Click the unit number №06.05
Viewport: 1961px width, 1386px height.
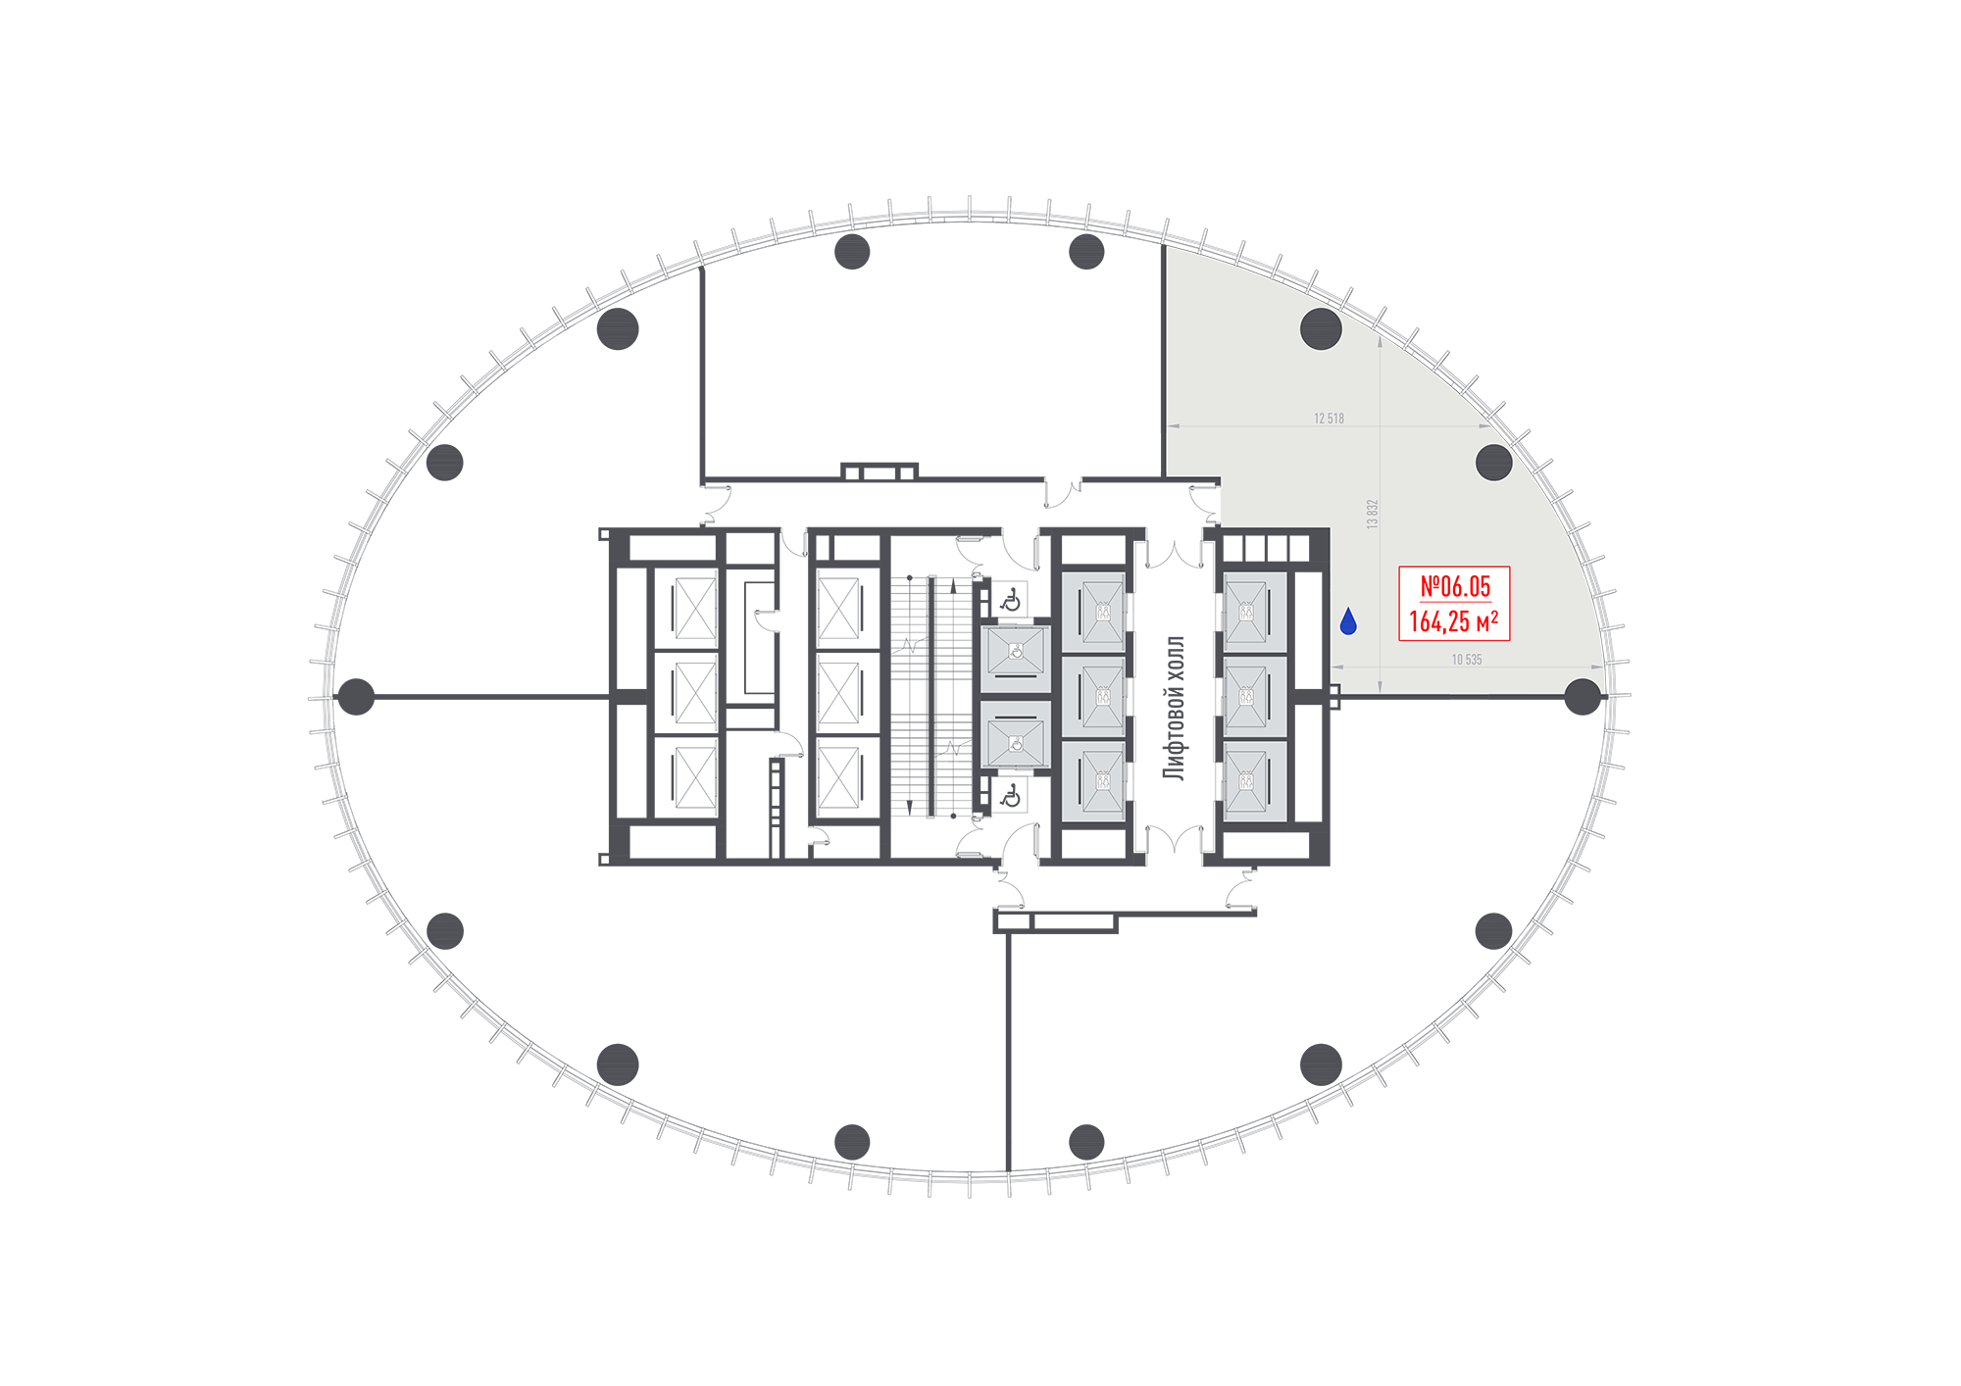[1455, 586]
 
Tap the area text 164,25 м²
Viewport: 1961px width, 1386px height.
[1454, 621]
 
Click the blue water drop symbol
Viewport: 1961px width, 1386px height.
[1348, 620]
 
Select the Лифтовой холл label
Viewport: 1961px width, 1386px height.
[1174, 708]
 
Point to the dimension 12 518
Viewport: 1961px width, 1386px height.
[1329, 419]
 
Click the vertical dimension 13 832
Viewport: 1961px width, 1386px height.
[1373, 515]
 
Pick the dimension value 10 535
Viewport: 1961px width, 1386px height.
[1467, 660]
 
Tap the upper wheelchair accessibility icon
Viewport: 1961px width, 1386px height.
[1011, 599]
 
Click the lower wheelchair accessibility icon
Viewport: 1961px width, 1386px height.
[1011, 796]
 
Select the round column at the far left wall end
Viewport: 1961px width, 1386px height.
[356, 697]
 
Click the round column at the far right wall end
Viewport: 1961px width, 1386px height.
[1583, 697]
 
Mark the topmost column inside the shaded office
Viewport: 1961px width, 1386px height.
[1321, 329]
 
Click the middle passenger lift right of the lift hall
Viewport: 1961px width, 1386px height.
[1254, 696]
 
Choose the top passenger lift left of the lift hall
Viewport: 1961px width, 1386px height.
[1093, 612]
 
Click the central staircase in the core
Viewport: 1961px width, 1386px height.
[930, 697]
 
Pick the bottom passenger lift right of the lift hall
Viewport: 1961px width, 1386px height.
[1254, 781]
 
